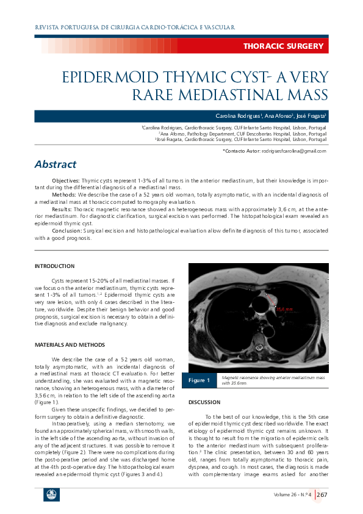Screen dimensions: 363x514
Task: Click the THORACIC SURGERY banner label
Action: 283,46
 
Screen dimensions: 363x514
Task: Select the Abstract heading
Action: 56,164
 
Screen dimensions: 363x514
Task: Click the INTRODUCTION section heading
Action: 54,266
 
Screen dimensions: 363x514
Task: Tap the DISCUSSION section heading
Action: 204,402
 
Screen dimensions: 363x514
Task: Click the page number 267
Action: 322,494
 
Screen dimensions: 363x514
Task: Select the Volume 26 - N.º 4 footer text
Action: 292,494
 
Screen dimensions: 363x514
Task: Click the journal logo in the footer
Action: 51,494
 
